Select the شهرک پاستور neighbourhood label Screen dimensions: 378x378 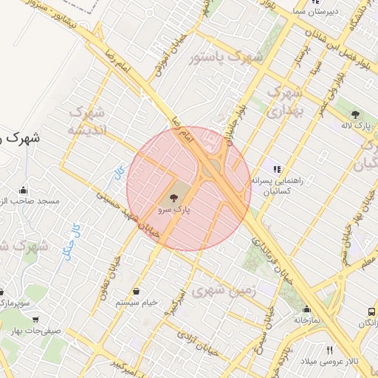221,58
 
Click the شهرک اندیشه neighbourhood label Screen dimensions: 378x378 87,121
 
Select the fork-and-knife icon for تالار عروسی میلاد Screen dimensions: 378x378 329,350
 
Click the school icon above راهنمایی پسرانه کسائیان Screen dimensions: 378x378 277,169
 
